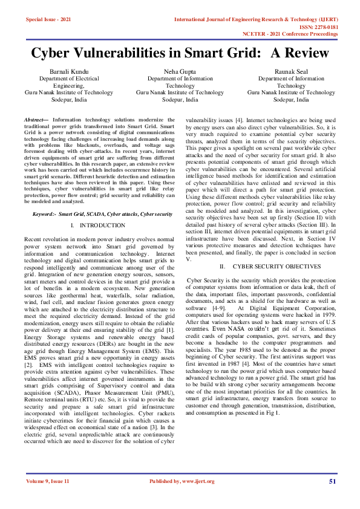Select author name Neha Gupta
180,71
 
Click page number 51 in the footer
332,481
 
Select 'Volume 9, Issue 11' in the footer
48,481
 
